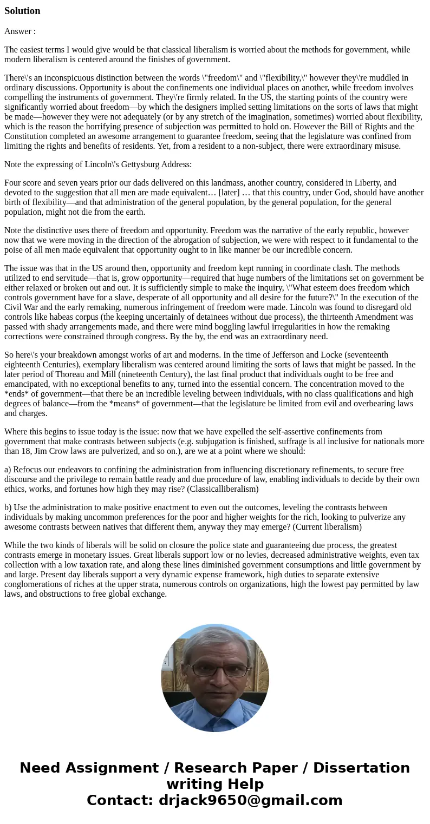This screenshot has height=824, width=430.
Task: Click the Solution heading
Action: [22, 11]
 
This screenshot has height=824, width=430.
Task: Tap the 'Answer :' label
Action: [20, 31]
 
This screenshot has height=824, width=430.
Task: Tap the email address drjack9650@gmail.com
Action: [250, 801]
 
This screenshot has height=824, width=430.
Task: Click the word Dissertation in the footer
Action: [361, 768]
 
